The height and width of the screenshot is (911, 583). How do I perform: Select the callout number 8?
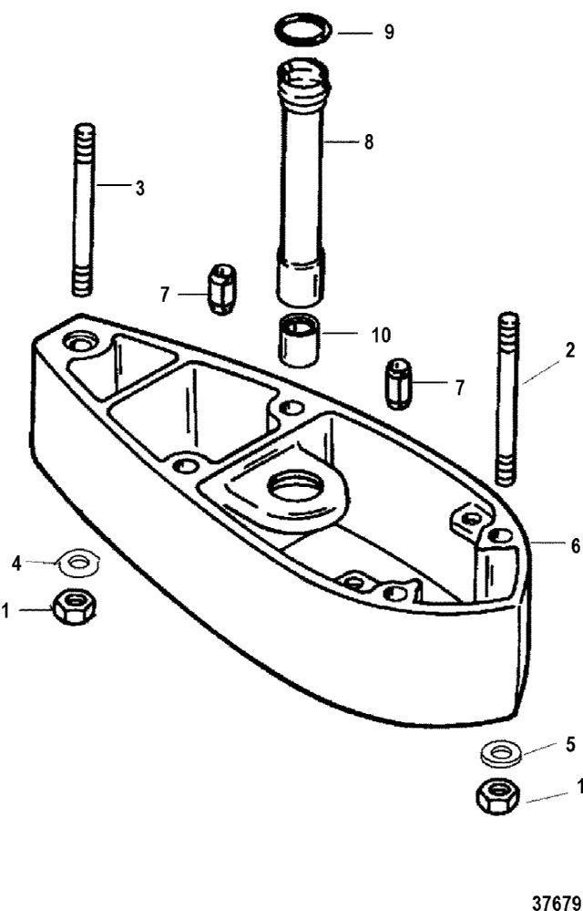coord(368,142)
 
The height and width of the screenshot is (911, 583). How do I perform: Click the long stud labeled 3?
coord(85,210)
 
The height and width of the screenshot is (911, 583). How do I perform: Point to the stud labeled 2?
coord(508,399)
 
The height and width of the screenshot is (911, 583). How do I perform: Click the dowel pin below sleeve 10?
coord(398,385)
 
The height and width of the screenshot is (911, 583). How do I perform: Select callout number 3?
coord(139,188)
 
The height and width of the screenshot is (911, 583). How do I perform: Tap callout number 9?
coord(388,32)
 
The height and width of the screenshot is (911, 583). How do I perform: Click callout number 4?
coord(16,563)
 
